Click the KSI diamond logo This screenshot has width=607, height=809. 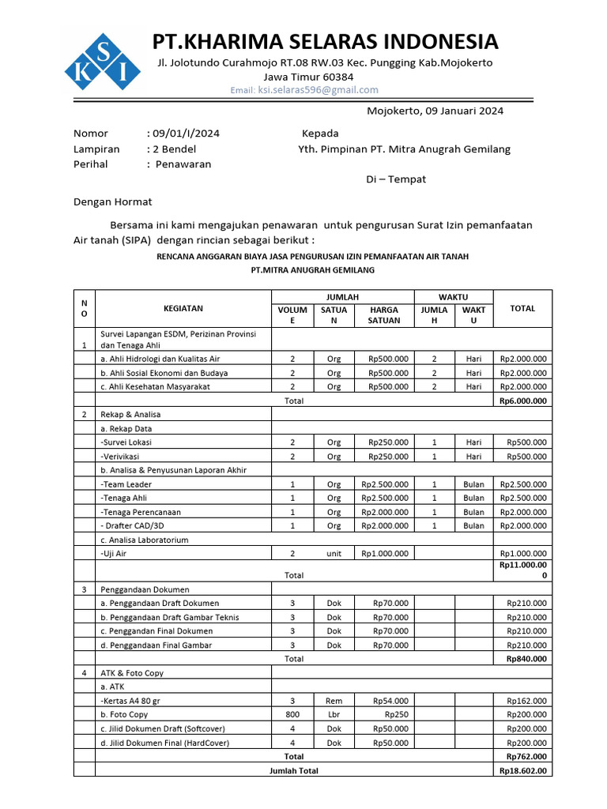click(102, 61)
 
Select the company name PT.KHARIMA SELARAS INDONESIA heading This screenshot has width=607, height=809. click(326, 41)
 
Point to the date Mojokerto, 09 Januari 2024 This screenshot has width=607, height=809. click(435, 111)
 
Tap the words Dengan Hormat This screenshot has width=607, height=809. click(113, 201)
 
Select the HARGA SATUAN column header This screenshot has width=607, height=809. click(383, 315)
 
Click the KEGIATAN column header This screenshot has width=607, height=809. click(183, 309)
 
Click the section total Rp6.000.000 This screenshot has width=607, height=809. click(523, 401)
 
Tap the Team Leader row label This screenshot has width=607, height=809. click(126, 484)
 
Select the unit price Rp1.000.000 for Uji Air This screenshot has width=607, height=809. click(385, 554)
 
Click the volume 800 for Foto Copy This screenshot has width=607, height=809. click(292, 714)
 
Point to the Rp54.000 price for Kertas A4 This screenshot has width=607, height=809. click(391, 700)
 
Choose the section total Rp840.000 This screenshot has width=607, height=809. click(525, 658)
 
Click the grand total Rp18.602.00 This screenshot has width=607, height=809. click(522, 770)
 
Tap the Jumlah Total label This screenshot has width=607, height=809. click(294, 770)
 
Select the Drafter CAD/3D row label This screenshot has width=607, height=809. click(134, 526)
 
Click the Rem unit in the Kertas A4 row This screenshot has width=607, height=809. click(334, 700)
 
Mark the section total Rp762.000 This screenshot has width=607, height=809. click(525, 756)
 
